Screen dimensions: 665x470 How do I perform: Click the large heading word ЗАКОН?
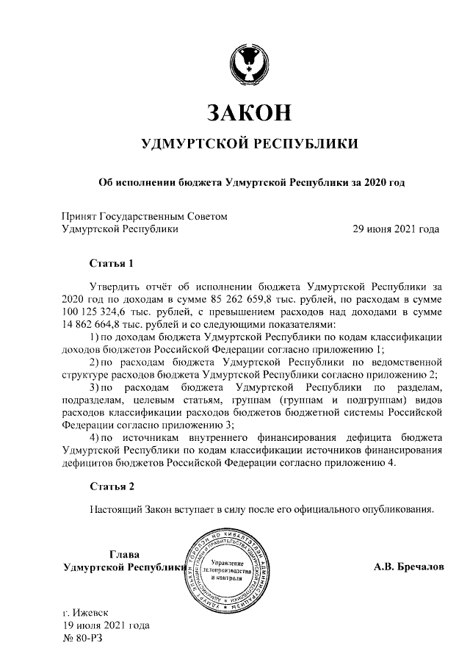click(x=250, y=112)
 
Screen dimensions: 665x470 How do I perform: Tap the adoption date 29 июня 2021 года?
click(x=397, y=229)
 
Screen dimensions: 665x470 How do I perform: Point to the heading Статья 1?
click(x=111, y=262)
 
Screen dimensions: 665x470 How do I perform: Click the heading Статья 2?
click(x=111, y=486)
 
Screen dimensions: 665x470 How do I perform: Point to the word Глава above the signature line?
click(x=123, y=555)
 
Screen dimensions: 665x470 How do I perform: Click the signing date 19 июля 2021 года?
click(x=106, y=625)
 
